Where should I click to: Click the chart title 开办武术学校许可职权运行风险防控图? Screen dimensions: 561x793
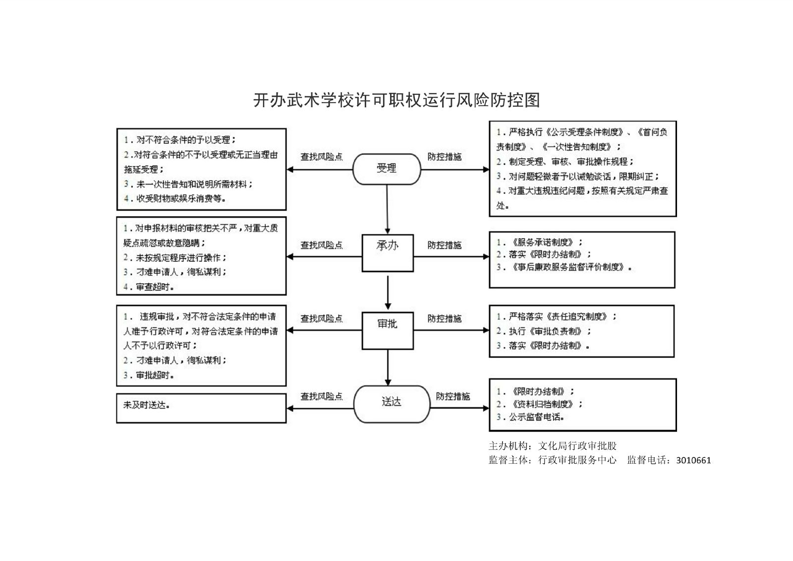[x=396, y=100]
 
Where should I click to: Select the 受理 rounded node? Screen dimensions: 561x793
[x=387, y=169]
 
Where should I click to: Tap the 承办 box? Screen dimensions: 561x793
[x=388, y=252]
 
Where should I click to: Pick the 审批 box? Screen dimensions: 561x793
[x=388, y=330]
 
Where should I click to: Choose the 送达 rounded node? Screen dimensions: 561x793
[x=391, y=404]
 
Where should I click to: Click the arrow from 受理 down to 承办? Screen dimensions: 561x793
[x=387, y=208]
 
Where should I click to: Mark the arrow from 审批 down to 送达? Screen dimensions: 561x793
[x=388, y=367]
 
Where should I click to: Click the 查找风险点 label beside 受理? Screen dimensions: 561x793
[x=321, y=157]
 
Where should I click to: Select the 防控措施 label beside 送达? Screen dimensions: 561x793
[x=453, y=396]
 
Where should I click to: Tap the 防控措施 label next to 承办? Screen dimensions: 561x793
[x=444, y=245]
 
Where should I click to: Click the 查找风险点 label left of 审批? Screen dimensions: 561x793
[x=321, y=318]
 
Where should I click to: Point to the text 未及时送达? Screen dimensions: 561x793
[x=147, y=405]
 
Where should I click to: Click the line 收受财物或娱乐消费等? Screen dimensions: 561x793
[x=175, y=198]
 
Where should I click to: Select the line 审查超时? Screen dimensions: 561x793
[x=149, y=287]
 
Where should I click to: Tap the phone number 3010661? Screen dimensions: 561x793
[x=693, y=460]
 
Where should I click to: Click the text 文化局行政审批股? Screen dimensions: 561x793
[x=577, y=445]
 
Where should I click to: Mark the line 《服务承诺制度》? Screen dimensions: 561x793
[x=541, y=242]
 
